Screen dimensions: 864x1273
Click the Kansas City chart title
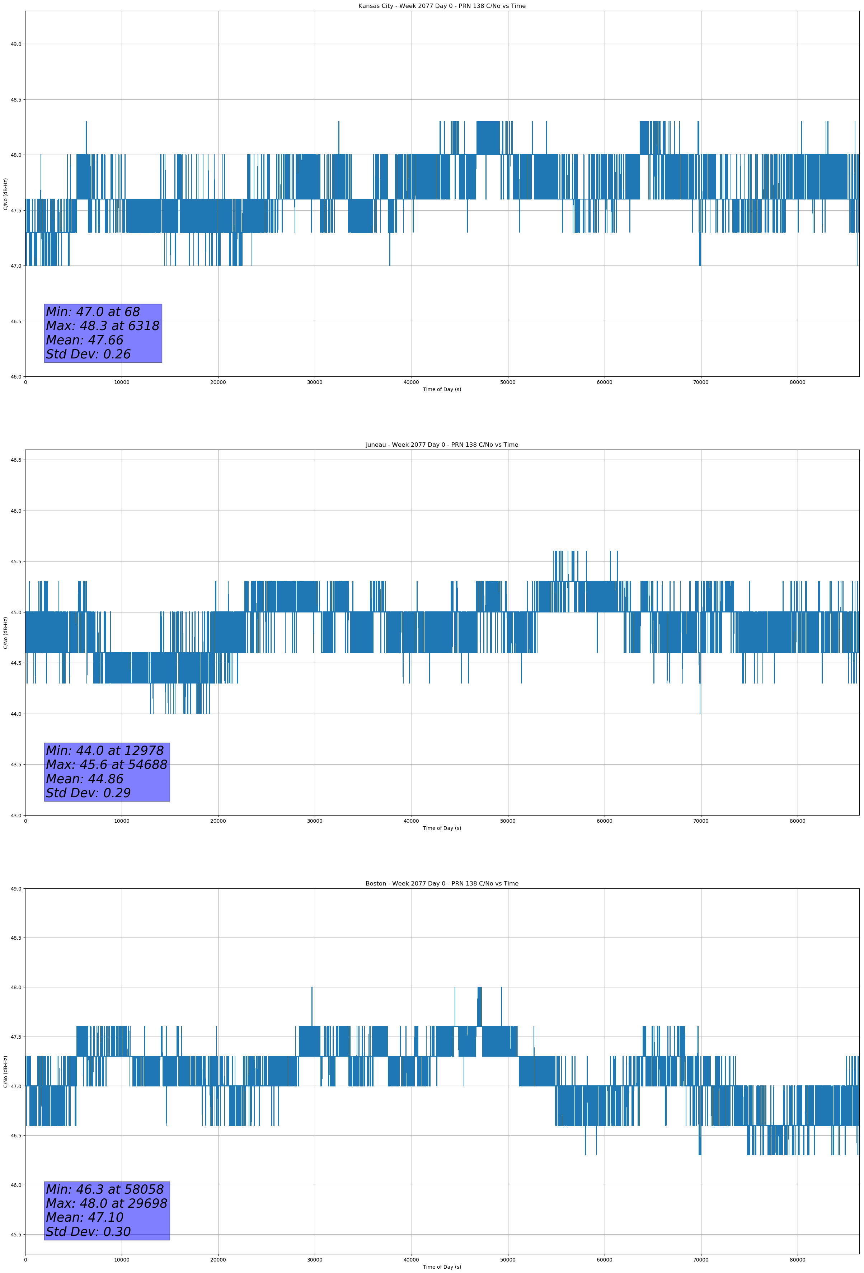point(442,6)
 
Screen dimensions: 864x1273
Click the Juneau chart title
point(442,445)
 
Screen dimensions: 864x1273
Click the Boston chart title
point(442,884)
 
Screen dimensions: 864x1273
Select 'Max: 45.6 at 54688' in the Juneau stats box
point(106,765)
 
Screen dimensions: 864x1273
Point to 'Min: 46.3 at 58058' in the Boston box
point(105,1189)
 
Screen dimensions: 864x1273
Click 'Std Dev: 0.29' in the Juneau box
point(88,793)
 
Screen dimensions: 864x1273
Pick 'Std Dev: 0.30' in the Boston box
point(88,1232)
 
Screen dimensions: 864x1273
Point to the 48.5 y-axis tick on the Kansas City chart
point(16,100)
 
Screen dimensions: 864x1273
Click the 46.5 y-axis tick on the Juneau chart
point(16,460)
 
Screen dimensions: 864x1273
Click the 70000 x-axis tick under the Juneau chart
point(701,821)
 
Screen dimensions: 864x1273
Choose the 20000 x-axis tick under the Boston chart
point(218,1260)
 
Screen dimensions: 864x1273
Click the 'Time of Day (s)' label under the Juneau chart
point(442,828)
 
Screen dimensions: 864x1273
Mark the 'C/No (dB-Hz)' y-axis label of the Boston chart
point(5,1071)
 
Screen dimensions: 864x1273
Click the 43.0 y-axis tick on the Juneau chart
point(16,816)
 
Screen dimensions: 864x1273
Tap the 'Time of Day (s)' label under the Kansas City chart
point(442,389)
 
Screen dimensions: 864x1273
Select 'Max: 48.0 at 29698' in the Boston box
point(106,1203)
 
